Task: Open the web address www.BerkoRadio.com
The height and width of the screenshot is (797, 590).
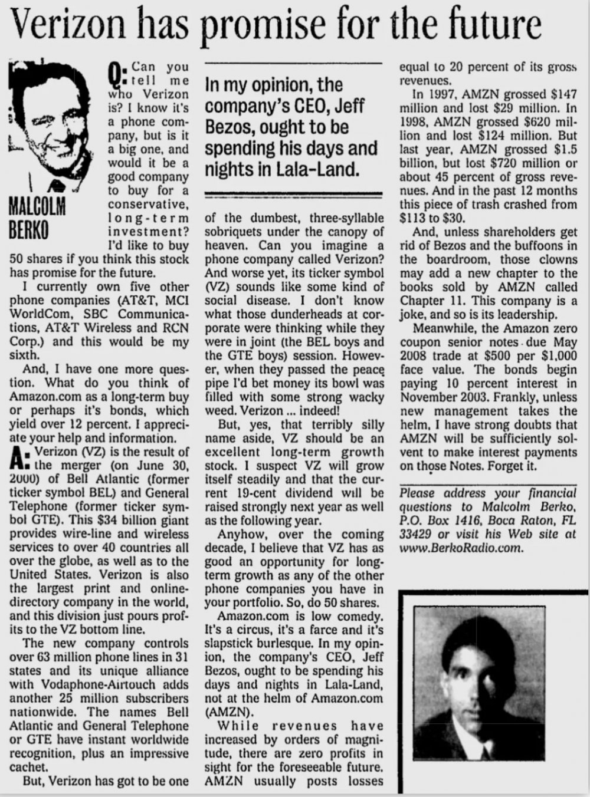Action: [x=462, y=548]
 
